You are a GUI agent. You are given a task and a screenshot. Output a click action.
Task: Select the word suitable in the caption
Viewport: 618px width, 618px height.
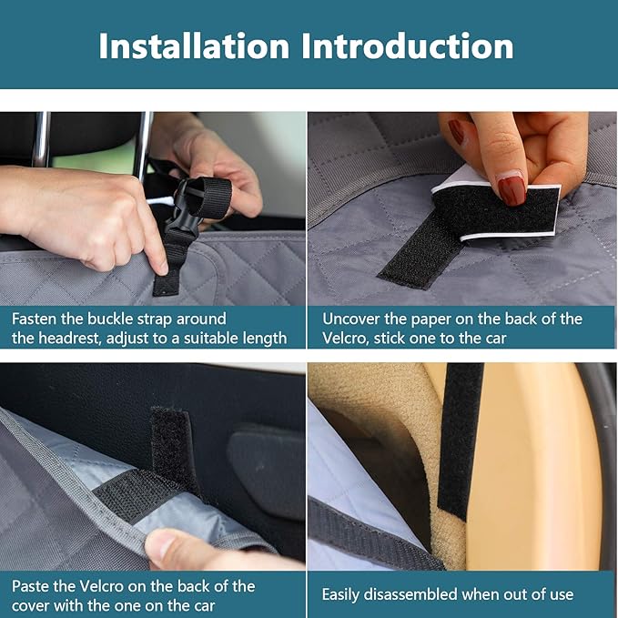(204, 338)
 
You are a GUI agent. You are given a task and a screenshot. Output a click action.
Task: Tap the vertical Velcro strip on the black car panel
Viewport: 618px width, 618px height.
(172, 446)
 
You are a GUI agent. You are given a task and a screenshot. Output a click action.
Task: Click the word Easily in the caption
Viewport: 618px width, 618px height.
(344, 594)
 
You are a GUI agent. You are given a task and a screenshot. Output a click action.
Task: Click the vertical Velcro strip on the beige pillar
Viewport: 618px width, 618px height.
(461, 437)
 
